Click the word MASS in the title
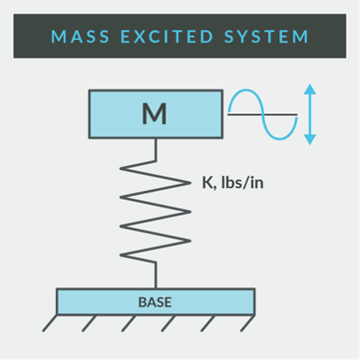pos(81,36)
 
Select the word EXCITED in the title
pos(167,36)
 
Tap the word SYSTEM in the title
pos(266,36)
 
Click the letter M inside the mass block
pos(154,113)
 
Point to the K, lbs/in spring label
pos(232,183)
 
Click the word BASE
pos(155,302)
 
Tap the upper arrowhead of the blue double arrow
pos(309,89)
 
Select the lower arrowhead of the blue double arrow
pos(309,139)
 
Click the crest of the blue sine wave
pos(247,90)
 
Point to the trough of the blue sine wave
pos(279,139)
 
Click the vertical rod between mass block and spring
pos(156,150)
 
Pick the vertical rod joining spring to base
pos(156,275)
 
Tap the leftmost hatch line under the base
pos(50,323)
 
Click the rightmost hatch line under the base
pos(247,323)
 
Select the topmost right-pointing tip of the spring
pos(191,183)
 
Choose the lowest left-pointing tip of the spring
pos(121,255)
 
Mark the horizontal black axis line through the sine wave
pos(262,113)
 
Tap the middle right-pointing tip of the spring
pos(191,212)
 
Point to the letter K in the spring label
pos(207,182)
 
